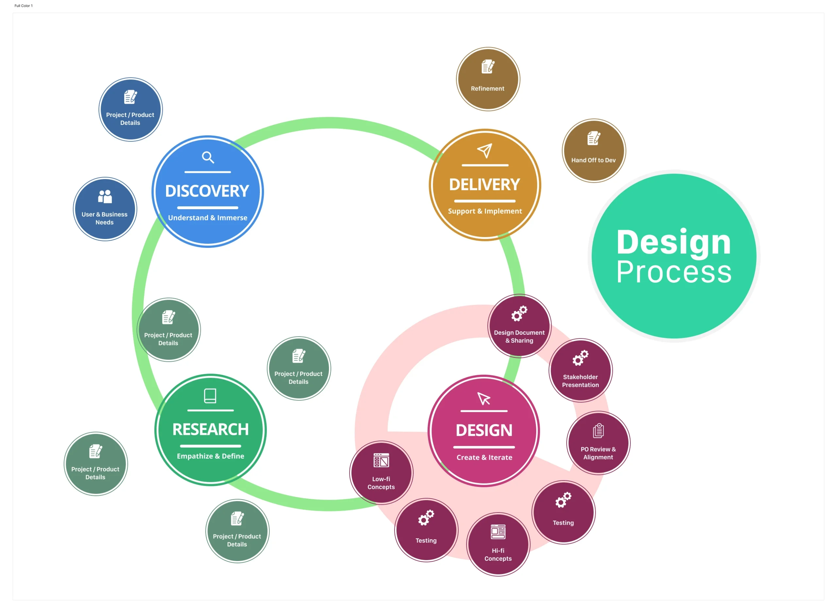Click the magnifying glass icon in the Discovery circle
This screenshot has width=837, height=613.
(x=208, y=157)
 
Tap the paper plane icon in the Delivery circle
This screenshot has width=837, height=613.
(x=485, y=151)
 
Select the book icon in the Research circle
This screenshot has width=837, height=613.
(x=210, y=396)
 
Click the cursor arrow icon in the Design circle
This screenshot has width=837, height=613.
(x=484, y=399)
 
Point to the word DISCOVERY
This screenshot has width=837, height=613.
(x=207, y=191)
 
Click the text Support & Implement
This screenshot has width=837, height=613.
(x=485, y=211)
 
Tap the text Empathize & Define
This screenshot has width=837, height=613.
(x=210, y=456)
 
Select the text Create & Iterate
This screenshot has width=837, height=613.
(x=484, y=457)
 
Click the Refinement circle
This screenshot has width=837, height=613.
(x=488, y=79)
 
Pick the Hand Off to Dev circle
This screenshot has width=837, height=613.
(x=594, y=151)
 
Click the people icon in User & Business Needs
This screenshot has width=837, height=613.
(x=105, y=196)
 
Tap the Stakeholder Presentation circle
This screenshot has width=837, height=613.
(x=580, y=370)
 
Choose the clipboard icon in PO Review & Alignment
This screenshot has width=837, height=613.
(x=598, y=431)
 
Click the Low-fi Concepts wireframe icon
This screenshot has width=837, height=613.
(x=381, y=461)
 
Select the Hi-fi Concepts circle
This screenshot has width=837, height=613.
(x=498, y=544)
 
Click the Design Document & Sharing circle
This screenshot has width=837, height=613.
(x=519, y=326)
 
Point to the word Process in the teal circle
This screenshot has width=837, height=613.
(x=674, y=272)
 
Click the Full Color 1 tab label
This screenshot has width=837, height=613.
(x=23, y=6)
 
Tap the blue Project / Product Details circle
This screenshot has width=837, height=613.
(x=130, y=110)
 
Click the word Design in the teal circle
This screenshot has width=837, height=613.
(x=674, y=242)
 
